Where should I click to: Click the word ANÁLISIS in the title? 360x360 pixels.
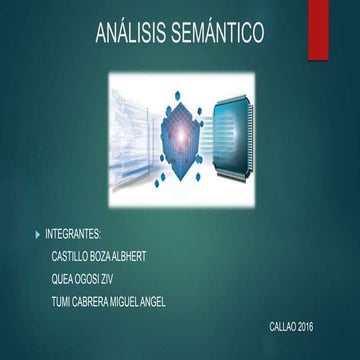click(x=129, y=35)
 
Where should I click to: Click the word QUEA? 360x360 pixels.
click(x=62, y=278)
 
